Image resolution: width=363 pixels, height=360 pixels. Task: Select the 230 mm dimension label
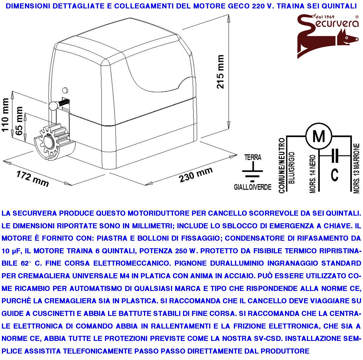coord(196,174)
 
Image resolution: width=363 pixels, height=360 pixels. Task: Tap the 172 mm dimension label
coord(32,179)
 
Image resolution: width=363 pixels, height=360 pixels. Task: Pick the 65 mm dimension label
coord(19,121)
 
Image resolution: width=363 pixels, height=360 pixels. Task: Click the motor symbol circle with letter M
coord(319,136)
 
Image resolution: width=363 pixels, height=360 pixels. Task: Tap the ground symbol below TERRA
coord(252,173)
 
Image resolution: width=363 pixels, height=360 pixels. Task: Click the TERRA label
coord(253,158)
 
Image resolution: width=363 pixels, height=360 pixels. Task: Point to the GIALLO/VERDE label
coord(252,187)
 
